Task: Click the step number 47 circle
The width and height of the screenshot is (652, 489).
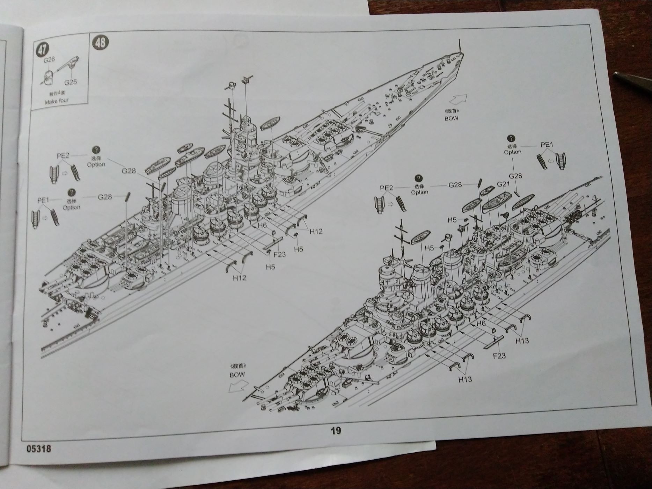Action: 42,49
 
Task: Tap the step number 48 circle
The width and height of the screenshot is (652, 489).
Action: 100,43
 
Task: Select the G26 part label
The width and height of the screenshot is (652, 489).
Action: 49,60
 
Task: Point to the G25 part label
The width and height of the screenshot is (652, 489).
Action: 70,82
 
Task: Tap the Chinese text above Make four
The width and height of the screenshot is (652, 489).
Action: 57,94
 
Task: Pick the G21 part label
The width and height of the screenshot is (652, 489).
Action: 504,184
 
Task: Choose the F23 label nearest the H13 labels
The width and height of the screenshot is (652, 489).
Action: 499,356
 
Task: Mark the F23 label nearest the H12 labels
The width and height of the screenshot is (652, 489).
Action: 279,254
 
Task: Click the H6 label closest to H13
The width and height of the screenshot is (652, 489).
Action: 481,323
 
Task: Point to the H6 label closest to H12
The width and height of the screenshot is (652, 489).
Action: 262,225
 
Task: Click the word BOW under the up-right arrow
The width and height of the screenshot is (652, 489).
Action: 451,118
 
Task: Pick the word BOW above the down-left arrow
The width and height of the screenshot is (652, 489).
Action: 237,374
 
